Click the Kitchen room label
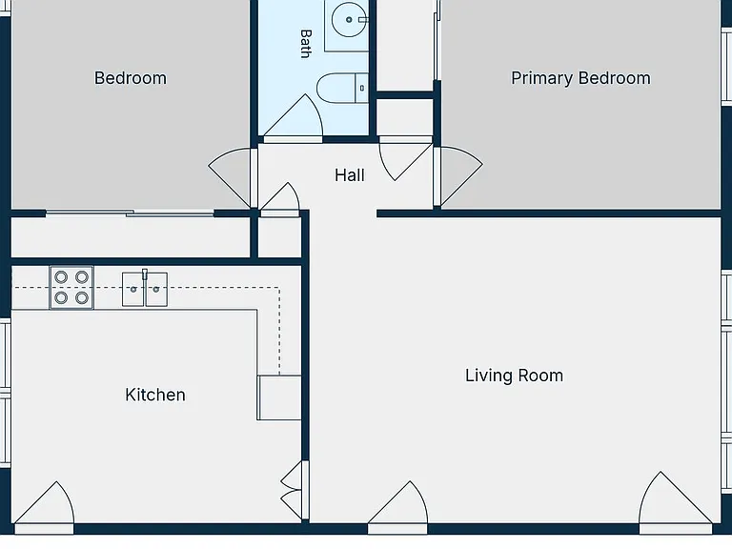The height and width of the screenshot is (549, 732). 155,395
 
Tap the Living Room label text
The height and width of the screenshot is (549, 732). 514,376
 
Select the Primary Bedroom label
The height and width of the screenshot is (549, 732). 580,78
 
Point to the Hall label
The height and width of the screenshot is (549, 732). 349,175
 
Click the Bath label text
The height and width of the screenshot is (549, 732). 306,44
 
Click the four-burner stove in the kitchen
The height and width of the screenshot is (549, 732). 71,288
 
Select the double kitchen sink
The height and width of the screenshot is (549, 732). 145,290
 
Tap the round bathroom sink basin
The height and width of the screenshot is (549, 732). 349,20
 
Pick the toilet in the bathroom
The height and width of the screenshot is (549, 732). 342,88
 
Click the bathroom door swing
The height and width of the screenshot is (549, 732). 294,117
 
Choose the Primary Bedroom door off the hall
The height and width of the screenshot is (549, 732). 457,176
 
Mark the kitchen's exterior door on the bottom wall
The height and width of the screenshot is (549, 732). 44,507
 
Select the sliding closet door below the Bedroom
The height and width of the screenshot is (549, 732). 130,213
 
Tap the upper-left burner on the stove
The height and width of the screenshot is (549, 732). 61,277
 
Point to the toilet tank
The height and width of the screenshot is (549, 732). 362,88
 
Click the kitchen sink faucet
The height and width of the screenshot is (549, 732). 145,274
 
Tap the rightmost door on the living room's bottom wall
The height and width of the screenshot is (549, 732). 676,502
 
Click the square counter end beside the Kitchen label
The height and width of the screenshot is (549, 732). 279,397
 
